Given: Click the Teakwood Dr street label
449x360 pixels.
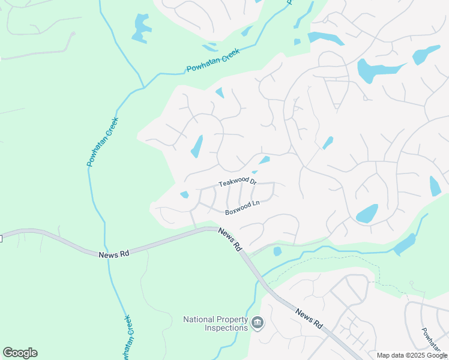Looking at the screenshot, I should pyautogui.click(x=238, y=182).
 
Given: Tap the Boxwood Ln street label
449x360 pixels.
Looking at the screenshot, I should pyautogui.click(x=242, y=208).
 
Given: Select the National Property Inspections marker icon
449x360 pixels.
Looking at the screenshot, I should pyautogui.click(x=258, y=323).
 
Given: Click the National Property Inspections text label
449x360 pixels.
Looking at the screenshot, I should pyautogui.click(x=215, y=323).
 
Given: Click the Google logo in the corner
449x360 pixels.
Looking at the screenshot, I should pyautogui.click(x=20, y=353).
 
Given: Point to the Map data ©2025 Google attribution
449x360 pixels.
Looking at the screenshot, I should pyautogui.click(x=412, y=355).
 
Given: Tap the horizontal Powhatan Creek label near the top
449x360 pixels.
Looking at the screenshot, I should pyautogui.click(x=213, y=61).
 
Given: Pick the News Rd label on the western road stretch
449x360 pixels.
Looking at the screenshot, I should pyautogui.click(x=114, y=254).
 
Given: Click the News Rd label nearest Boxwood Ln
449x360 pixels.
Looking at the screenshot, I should pyautogui.click(x=229, y=238).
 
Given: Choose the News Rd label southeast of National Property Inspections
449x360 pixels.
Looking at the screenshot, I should pyautogui.click(x=309, y=318).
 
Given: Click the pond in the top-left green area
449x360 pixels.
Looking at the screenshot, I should pyautogui.click(x=142, y=28).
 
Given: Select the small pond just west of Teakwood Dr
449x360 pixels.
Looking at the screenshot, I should pyautogui.click(x=184, y=194).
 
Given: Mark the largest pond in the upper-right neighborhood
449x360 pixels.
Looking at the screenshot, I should pyautogui.click(x=373, y=71).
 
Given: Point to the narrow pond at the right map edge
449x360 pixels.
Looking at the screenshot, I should pyautogui.click(x=435, y=186).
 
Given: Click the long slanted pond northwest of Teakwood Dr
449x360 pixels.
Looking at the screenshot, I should pyautogui.click(x=196, y=146).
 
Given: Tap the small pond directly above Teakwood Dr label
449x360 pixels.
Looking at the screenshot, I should pyautogui.click(x=264, y=160).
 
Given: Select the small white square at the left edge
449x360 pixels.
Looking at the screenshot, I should pyautogui.click(x=1, y=239).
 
